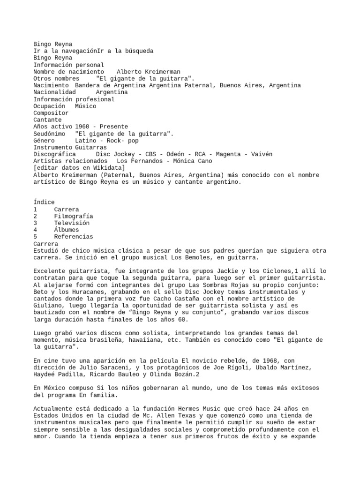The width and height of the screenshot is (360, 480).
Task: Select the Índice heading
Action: (x=44, y=202)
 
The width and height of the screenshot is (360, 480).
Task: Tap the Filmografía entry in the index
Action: (x=74, y=216)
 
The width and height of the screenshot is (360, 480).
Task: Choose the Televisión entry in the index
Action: (x=72, y=223)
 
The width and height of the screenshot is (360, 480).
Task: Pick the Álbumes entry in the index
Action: (x=67, y=230)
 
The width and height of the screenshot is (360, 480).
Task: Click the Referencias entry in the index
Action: (x=74, y=237)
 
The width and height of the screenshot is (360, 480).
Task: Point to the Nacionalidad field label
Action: (x=54, y=92)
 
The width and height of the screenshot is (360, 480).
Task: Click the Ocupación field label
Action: (x=49, y=106)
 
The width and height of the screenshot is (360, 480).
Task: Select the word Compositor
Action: (x=51, y=113)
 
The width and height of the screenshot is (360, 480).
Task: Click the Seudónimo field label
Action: (x=49, y=134)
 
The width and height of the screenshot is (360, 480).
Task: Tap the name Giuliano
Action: (x=49, y=306)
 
